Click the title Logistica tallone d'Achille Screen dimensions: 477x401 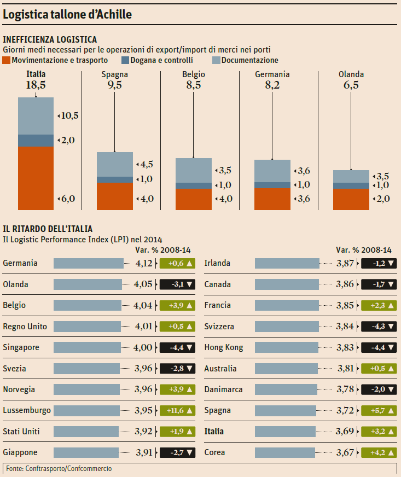coord(68,15)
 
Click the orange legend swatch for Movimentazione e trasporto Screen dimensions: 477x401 coord(7,60)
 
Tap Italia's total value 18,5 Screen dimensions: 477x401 coord(36,85)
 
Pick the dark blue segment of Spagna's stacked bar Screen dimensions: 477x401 coord(114,179)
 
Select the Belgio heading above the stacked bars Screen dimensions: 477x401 coord(194,74)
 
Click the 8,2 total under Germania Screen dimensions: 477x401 coord(272,85)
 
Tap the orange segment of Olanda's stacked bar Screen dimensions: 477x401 coord(351,199)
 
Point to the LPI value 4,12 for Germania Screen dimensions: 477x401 coord(144,263)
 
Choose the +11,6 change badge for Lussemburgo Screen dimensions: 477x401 coord(177,410)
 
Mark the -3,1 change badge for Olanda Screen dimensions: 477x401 coord(177,284)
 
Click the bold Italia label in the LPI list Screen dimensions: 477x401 coord(213,432)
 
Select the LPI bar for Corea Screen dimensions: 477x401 coord(285,452)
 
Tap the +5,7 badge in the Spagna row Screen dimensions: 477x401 coord(379,410)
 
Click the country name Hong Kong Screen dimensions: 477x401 coord(224,347)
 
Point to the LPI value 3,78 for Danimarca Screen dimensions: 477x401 coord(345,389)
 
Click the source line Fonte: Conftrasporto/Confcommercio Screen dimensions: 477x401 coord(59,469)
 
